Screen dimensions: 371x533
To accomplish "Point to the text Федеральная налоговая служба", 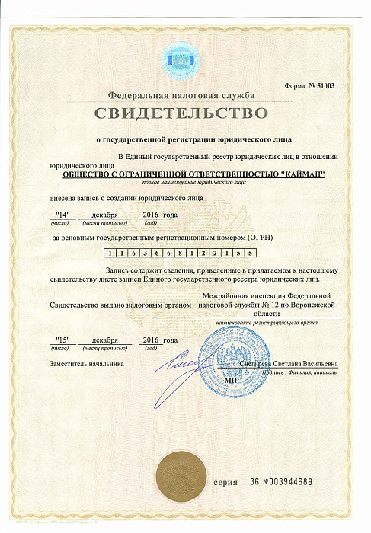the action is [181, 95].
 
